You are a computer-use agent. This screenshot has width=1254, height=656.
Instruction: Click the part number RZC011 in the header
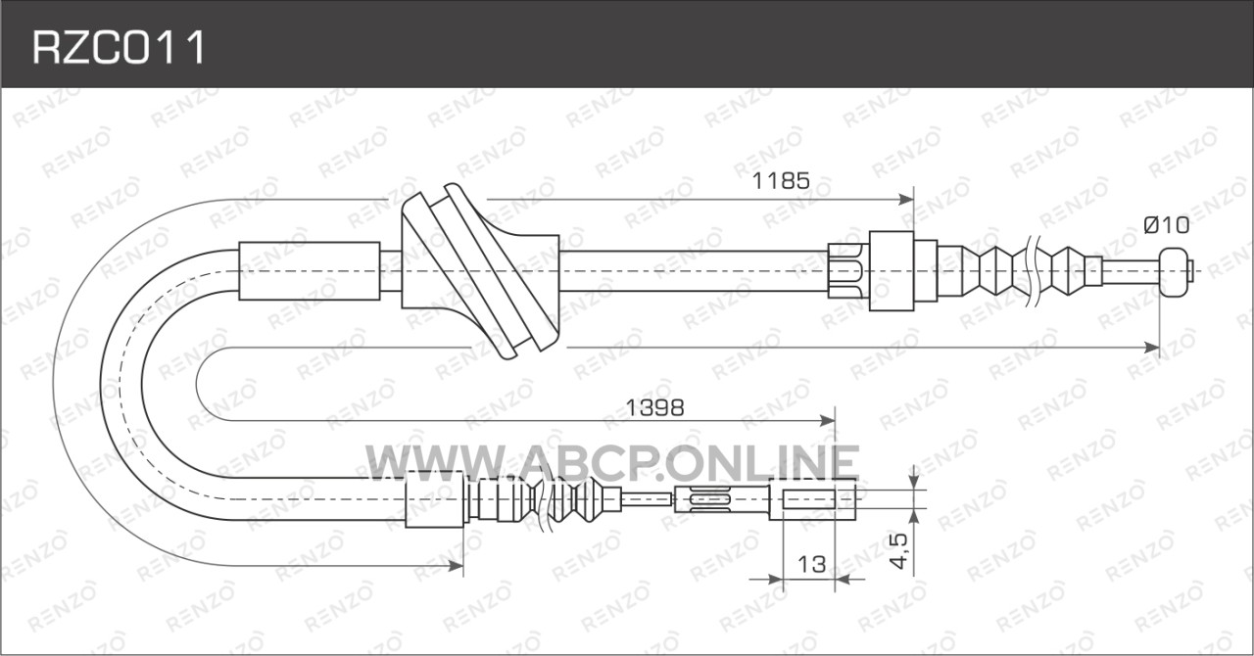pyautogui.click(x=120, y=48)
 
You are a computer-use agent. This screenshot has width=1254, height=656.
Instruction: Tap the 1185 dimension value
pyautogui.click(x=781, y=181)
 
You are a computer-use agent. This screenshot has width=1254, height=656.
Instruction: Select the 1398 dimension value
pyautogui.click(x=654, y=408)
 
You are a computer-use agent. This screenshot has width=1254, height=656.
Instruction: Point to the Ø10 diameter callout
pyautogui.click(x=1166, y=225)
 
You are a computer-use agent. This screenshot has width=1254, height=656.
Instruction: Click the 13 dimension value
pyautogui.click(x=811, y=564)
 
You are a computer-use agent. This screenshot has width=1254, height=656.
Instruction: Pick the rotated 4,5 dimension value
pyautogui.click(x=898, y=551)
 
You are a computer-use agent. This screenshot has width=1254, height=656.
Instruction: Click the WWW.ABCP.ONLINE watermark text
pyautogui.click(x=612, y=462)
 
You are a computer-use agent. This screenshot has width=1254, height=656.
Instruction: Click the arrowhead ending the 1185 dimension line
pyautogui.click(x=905, y=200)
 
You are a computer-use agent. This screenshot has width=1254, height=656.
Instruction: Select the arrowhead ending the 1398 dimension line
pyautogui.click(x=827, y=421)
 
